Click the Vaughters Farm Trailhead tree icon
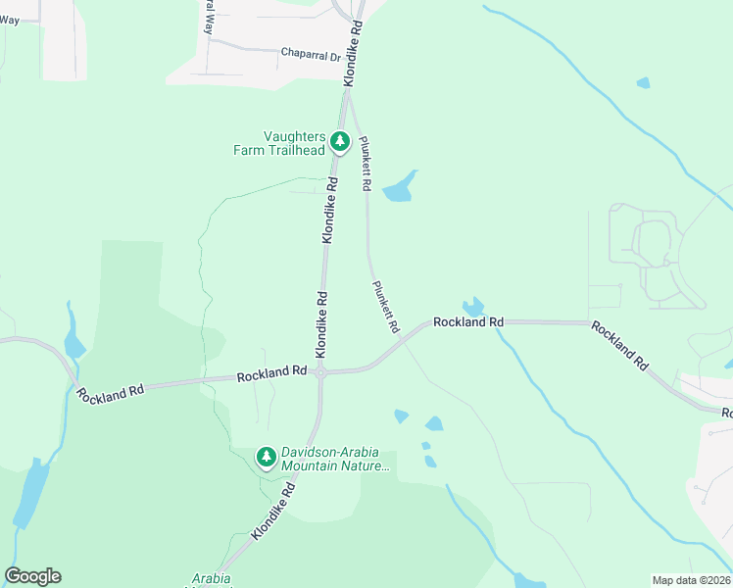tap(340, 142)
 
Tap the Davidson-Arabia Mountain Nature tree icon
tap(266, 457)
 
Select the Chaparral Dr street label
tap(311, 55)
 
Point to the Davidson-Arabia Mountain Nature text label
tap(335, 460)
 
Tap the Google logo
tap(32, 576)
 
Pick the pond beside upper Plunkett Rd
tap(400, 188)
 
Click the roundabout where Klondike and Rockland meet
tap(320, 372)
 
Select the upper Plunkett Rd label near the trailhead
tap(366, 163)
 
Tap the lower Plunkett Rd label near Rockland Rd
tap(386, 306)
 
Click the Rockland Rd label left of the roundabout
tap(272, 372)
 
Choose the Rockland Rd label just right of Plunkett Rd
tap(468, 321)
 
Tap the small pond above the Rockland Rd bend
tap(474, 307)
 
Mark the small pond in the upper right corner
tap(643, 83)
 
